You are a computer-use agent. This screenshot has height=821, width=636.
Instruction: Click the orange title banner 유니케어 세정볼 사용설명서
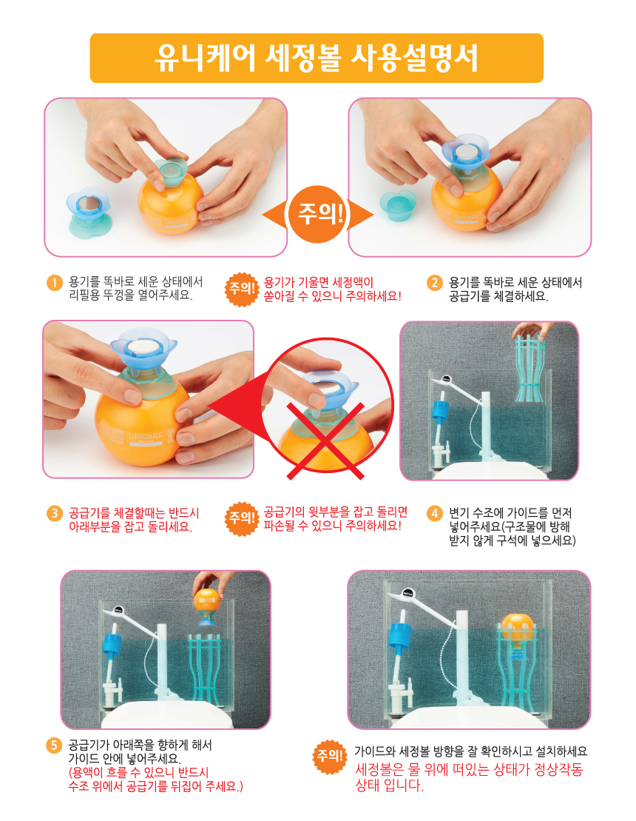[x=317, y=58]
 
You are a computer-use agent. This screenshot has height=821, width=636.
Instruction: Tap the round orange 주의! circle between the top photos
[x=318, y=214]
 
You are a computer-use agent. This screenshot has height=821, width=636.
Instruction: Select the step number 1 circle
[x=55, y=283]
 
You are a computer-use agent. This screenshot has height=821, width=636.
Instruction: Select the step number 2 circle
[x=435, y=283]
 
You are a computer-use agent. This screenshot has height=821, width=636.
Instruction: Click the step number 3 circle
[x=55, y=513]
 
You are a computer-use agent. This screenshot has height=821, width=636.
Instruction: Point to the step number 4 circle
[x=435, y=513]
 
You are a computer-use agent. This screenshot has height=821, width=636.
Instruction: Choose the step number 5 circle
[x=55, y=745]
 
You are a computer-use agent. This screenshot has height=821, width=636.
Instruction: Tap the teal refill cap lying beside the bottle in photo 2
[x=398, y=205]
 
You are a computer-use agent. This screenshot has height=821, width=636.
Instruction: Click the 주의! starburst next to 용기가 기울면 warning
[x=242, y=289]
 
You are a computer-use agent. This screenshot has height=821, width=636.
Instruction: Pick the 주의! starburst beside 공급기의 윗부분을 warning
[x=242, y=518]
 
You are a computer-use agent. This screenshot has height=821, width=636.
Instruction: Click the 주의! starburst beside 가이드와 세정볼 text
[x=330, y=756]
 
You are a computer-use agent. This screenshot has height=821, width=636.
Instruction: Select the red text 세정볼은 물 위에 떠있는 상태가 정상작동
[x=469, y=770]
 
